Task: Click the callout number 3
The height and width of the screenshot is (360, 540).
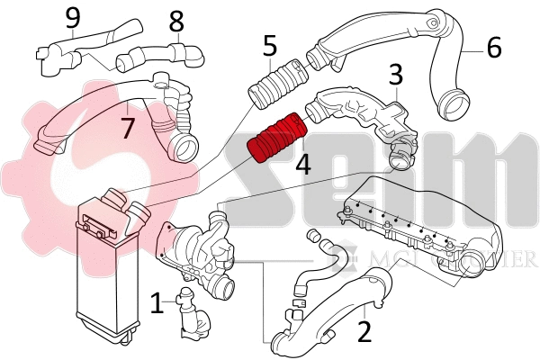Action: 394,74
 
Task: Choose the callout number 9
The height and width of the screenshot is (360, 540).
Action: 72,15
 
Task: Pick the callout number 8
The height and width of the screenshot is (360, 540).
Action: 176,20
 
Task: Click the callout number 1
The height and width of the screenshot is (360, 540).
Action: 157,303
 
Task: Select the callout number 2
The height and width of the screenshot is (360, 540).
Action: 364,331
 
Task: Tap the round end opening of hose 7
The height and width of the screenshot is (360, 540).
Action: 185,145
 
